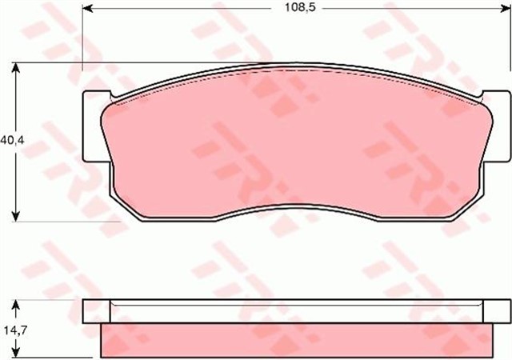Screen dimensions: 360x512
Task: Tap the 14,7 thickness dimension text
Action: (x=10, y=328)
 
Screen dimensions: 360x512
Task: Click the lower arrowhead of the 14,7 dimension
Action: (x=16, y=352)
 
